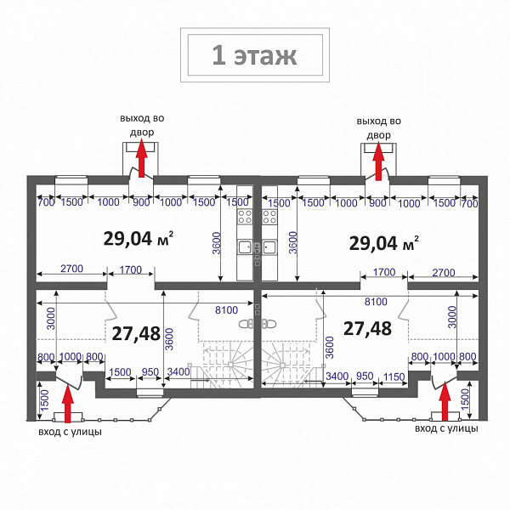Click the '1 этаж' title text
pos(254,55)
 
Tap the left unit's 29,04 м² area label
pos(139,238)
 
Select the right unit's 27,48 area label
pos(367,328)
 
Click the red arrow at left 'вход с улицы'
pos(68,403)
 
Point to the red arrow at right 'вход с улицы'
pos(445,402)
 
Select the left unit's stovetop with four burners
pos(245,217)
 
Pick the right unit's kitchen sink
pos(269,247)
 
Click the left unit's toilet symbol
pos(246,324)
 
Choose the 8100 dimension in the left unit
pos(226,310)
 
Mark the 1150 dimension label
pos(394,377)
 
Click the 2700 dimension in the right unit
pos(444,273)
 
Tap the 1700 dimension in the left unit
pos(130,270)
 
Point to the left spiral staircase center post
pos(230,365)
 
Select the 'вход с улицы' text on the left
pos(70,432)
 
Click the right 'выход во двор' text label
pos(378,127)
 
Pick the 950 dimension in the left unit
pos(150,372)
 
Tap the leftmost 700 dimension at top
pos(46,202)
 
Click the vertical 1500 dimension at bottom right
pos(466,399)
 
